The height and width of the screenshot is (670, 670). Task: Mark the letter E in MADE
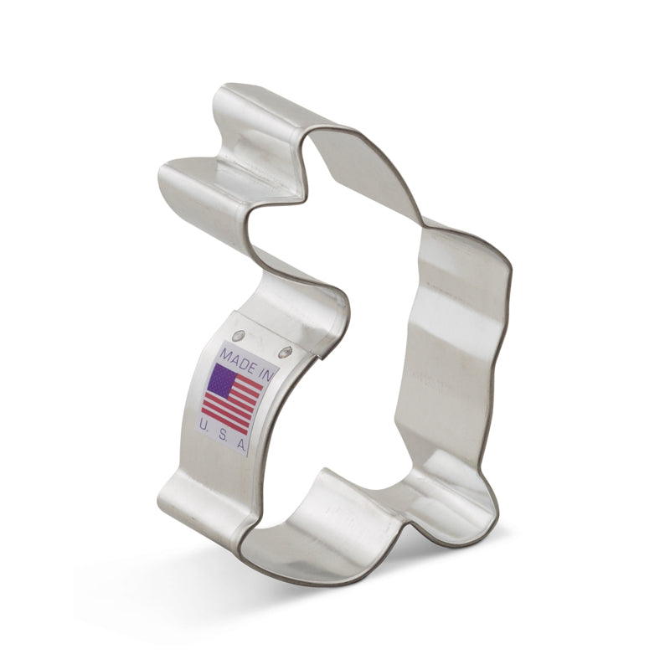click(x=246, y=360)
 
